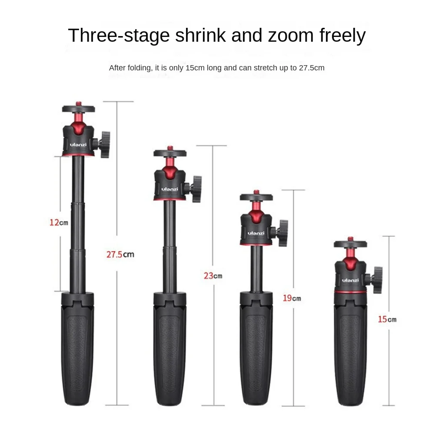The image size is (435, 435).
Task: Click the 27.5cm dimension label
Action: [120, 254]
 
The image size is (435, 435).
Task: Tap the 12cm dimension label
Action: [58, 223]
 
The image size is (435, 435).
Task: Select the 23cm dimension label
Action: [213, 276]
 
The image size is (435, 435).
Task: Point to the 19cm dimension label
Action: [292, 298]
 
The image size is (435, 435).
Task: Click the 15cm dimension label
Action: [387, 319]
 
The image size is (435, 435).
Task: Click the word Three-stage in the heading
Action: [118, 36]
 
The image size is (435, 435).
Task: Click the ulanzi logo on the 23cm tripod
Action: [168, 189]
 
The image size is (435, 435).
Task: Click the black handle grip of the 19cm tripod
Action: [256, 348]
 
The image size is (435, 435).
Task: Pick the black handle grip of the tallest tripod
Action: [77, 348]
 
